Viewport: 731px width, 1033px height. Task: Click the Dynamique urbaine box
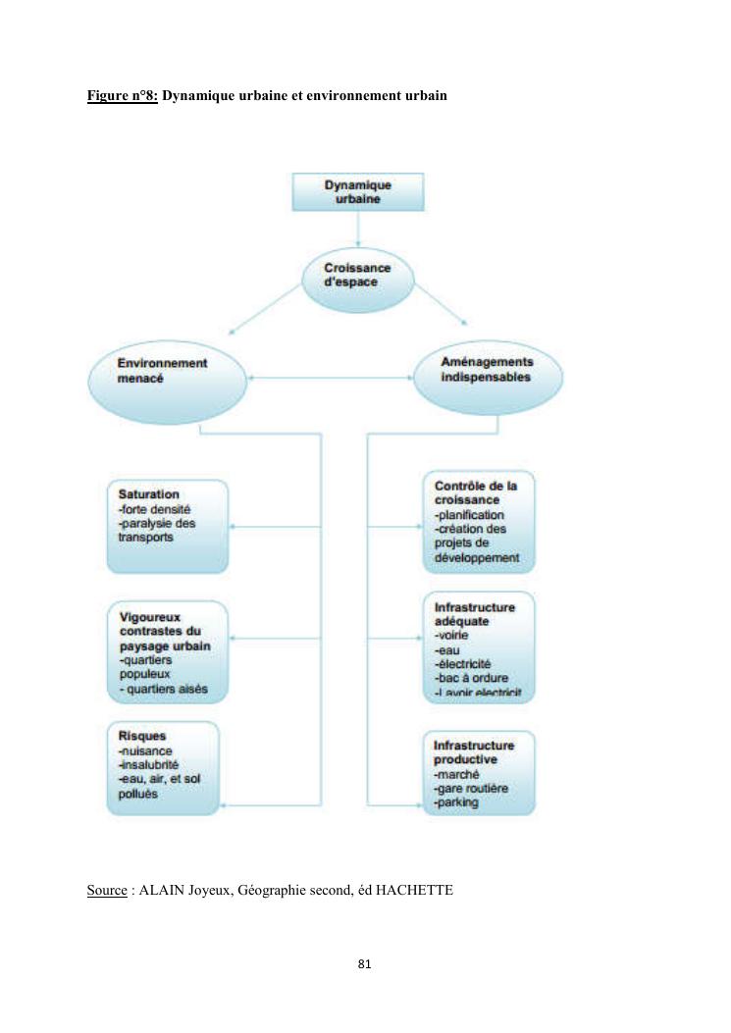pos(358,191)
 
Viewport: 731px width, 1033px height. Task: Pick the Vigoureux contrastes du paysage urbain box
pos(167,653)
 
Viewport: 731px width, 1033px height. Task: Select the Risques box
pos(163,768)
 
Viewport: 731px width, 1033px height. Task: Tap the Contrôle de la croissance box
pos(480,523)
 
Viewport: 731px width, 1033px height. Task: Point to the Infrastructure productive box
pos(480,772)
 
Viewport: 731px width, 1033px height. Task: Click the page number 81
pos(365,964)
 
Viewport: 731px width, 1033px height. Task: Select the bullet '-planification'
pos(469,514)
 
